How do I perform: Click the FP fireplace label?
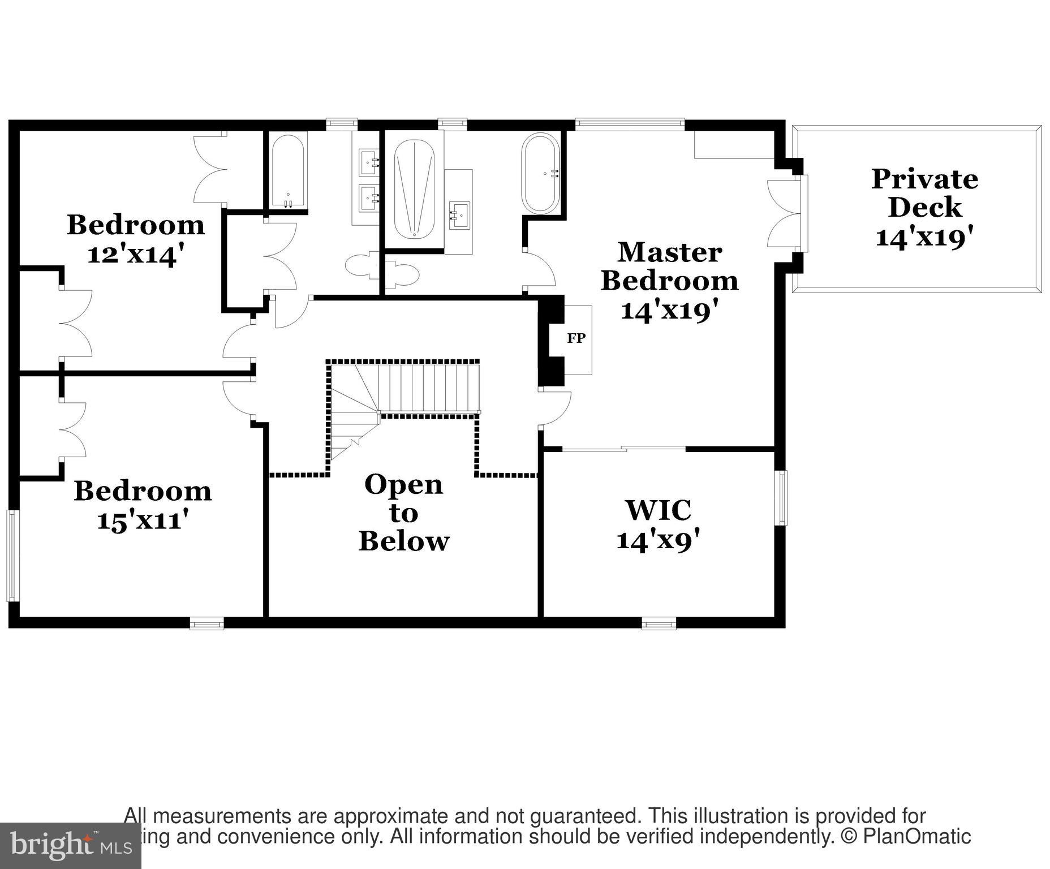576,338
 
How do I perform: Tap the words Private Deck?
924,193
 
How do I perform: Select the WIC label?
658,510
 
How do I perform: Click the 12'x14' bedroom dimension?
136,253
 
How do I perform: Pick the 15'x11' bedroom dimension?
142,520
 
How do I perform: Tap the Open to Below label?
403,513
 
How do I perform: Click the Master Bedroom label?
669,266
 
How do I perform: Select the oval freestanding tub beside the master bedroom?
541,173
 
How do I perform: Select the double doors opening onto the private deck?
786,214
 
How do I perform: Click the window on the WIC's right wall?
781,498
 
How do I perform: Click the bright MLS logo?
70,845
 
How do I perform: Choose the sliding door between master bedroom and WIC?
623,449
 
